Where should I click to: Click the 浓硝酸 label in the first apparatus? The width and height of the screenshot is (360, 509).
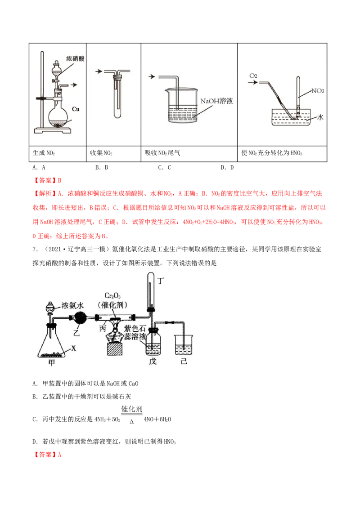(x=75, y=58)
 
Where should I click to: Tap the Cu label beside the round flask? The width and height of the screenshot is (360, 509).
(x=76, y=109)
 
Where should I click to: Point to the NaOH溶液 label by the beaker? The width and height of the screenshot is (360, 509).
(x=216, y=101)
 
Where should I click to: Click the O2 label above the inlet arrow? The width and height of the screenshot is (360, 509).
(x=253, y=76)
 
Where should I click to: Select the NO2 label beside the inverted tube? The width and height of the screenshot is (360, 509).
(x=317, y=90)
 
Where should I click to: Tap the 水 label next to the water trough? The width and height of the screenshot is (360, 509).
(x=320, y=117)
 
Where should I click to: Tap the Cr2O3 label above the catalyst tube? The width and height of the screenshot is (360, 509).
(x=112, y=296)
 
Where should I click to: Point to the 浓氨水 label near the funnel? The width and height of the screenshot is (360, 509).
(x=72, y=305)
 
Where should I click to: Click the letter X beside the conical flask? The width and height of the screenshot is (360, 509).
(x=74, y=348)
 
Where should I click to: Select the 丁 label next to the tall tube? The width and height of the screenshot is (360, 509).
(x=161, y=281)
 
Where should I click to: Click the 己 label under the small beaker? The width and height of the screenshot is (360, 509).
(x=184, y=361)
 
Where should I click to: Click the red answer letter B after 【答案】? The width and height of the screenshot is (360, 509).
(x=59, y=180)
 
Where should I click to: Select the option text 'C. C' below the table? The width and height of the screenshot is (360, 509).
(x=164, y=168)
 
